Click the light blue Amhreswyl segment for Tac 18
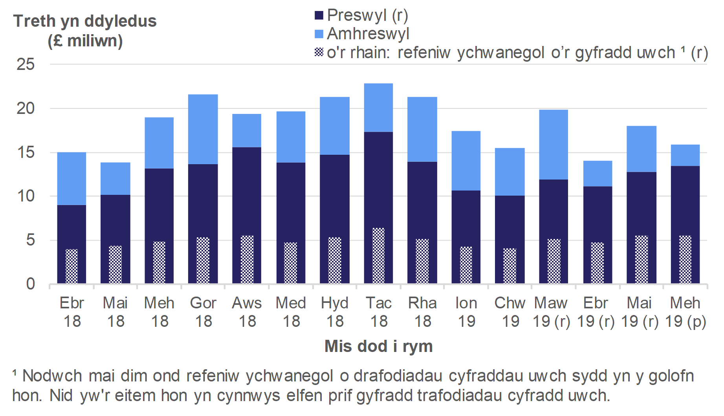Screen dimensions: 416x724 coord(378,107)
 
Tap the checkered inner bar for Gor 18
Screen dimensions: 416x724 coord(203,260)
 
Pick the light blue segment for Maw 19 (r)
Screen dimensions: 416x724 coord(554,144)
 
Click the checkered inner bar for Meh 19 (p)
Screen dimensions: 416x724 coord(685,259)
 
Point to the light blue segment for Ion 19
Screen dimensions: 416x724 coord(466,160)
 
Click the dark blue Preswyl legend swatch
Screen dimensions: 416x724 coord(319,15)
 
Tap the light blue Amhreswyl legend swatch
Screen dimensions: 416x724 coord(319,34)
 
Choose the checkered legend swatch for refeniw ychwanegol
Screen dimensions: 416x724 coord(319,52)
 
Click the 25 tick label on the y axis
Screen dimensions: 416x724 coord(26,64)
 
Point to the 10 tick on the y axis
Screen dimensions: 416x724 coord(26,196)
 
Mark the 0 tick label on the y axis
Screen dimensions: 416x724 coord(31,284)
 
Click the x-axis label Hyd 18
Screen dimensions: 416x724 coord(335,312)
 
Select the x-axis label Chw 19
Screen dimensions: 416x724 coord(510,312)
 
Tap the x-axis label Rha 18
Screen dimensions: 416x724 coord(422,312)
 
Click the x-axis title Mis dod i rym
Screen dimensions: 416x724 coord(379,346)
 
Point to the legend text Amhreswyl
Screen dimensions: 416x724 coord(368,34)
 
